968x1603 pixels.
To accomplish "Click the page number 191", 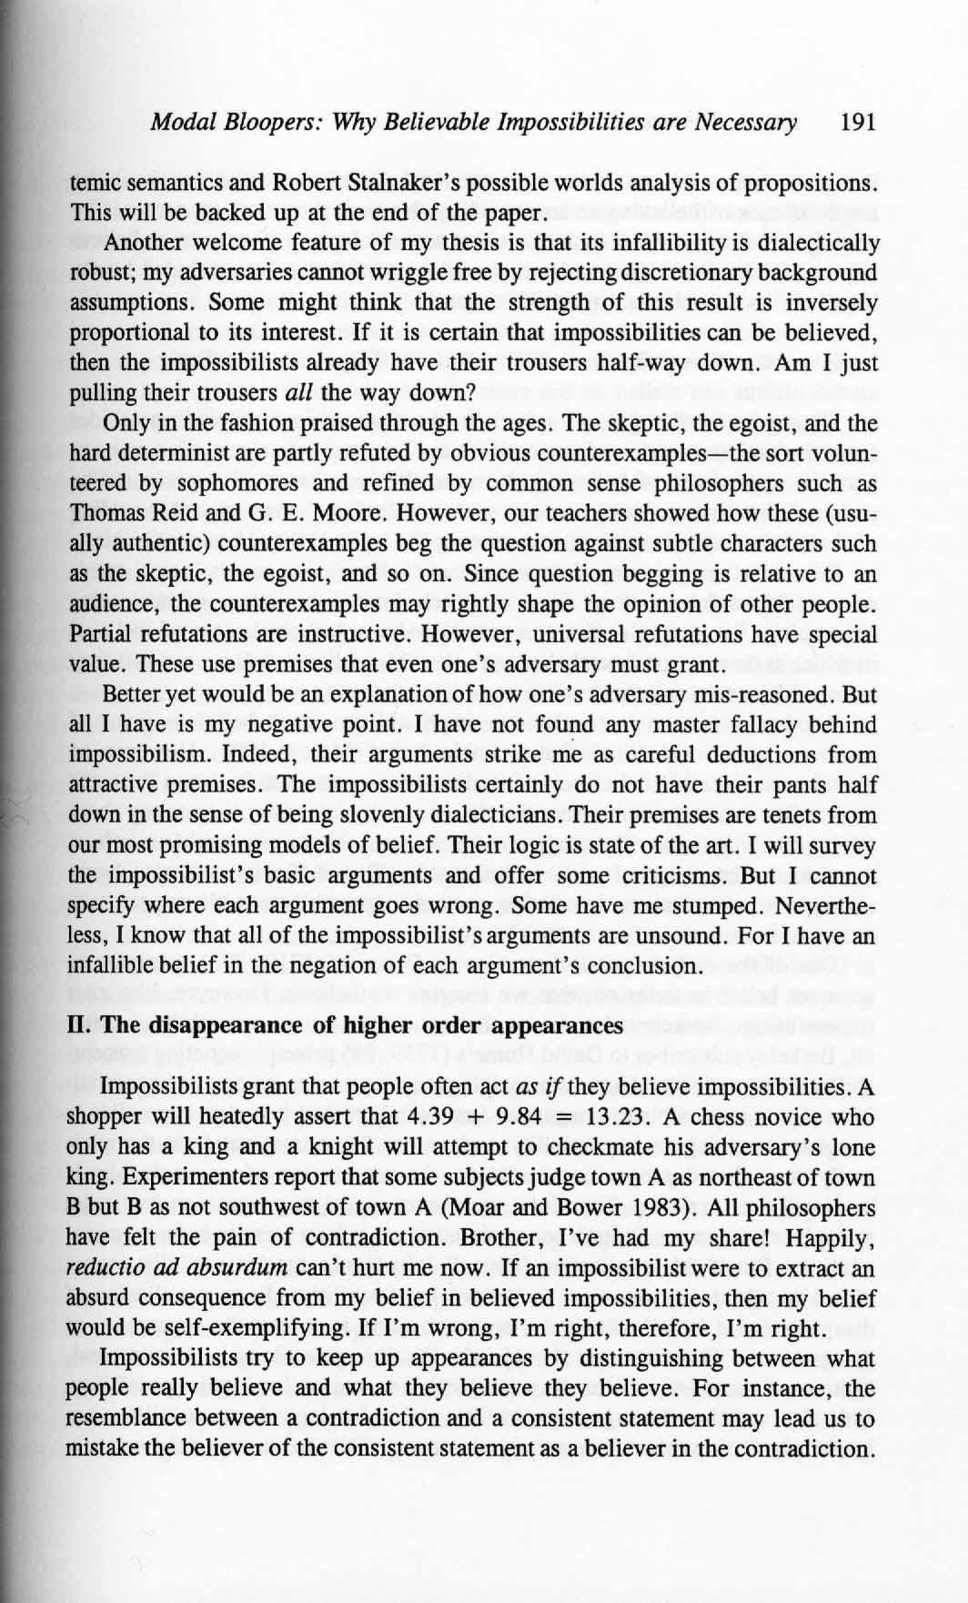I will [x=859, y=123].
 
